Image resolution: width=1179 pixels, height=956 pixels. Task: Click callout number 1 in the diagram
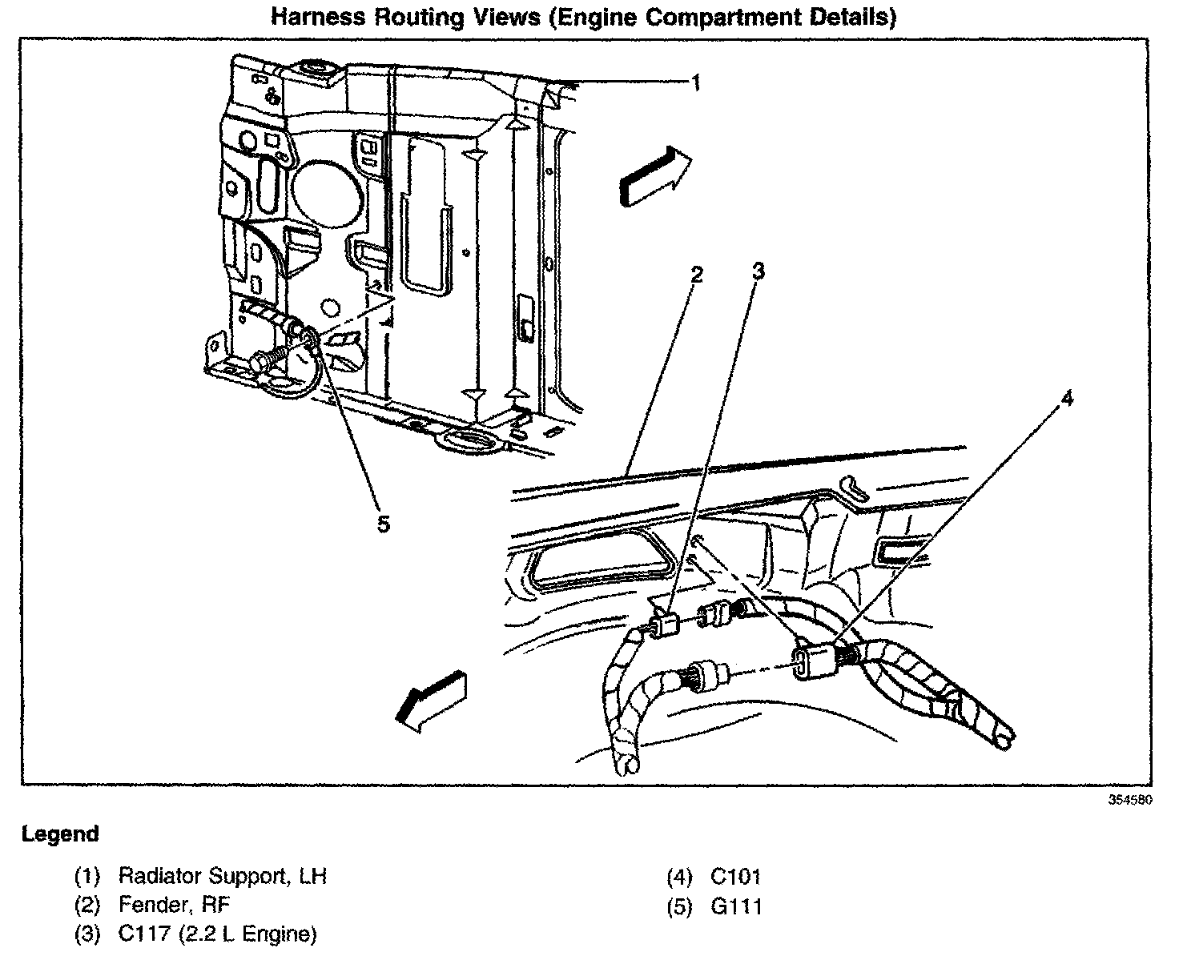point(696,82)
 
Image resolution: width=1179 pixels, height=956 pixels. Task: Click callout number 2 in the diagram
point(697,275)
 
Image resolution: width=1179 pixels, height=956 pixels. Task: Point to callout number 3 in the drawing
point(758,271)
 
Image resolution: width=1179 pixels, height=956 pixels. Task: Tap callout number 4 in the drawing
point(1068,399)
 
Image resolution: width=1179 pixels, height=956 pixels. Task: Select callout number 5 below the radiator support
point(383,524)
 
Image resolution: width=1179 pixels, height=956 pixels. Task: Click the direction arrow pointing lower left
point(431,701)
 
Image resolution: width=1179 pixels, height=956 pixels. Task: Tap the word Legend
point(60,834)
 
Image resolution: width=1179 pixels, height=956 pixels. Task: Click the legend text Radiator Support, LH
point(223,876)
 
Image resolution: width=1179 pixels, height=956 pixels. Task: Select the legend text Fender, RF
point(174,906)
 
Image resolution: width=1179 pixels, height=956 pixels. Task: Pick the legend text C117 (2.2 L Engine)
point(217,934)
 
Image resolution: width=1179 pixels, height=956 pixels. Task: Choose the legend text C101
point(735,876)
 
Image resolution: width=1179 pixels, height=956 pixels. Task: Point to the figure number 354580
point(1130,800)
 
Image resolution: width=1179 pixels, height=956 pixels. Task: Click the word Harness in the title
point(318,17)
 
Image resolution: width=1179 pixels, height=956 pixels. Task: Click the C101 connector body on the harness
point(815,661)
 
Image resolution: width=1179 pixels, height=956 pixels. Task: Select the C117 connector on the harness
point(663,624)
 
